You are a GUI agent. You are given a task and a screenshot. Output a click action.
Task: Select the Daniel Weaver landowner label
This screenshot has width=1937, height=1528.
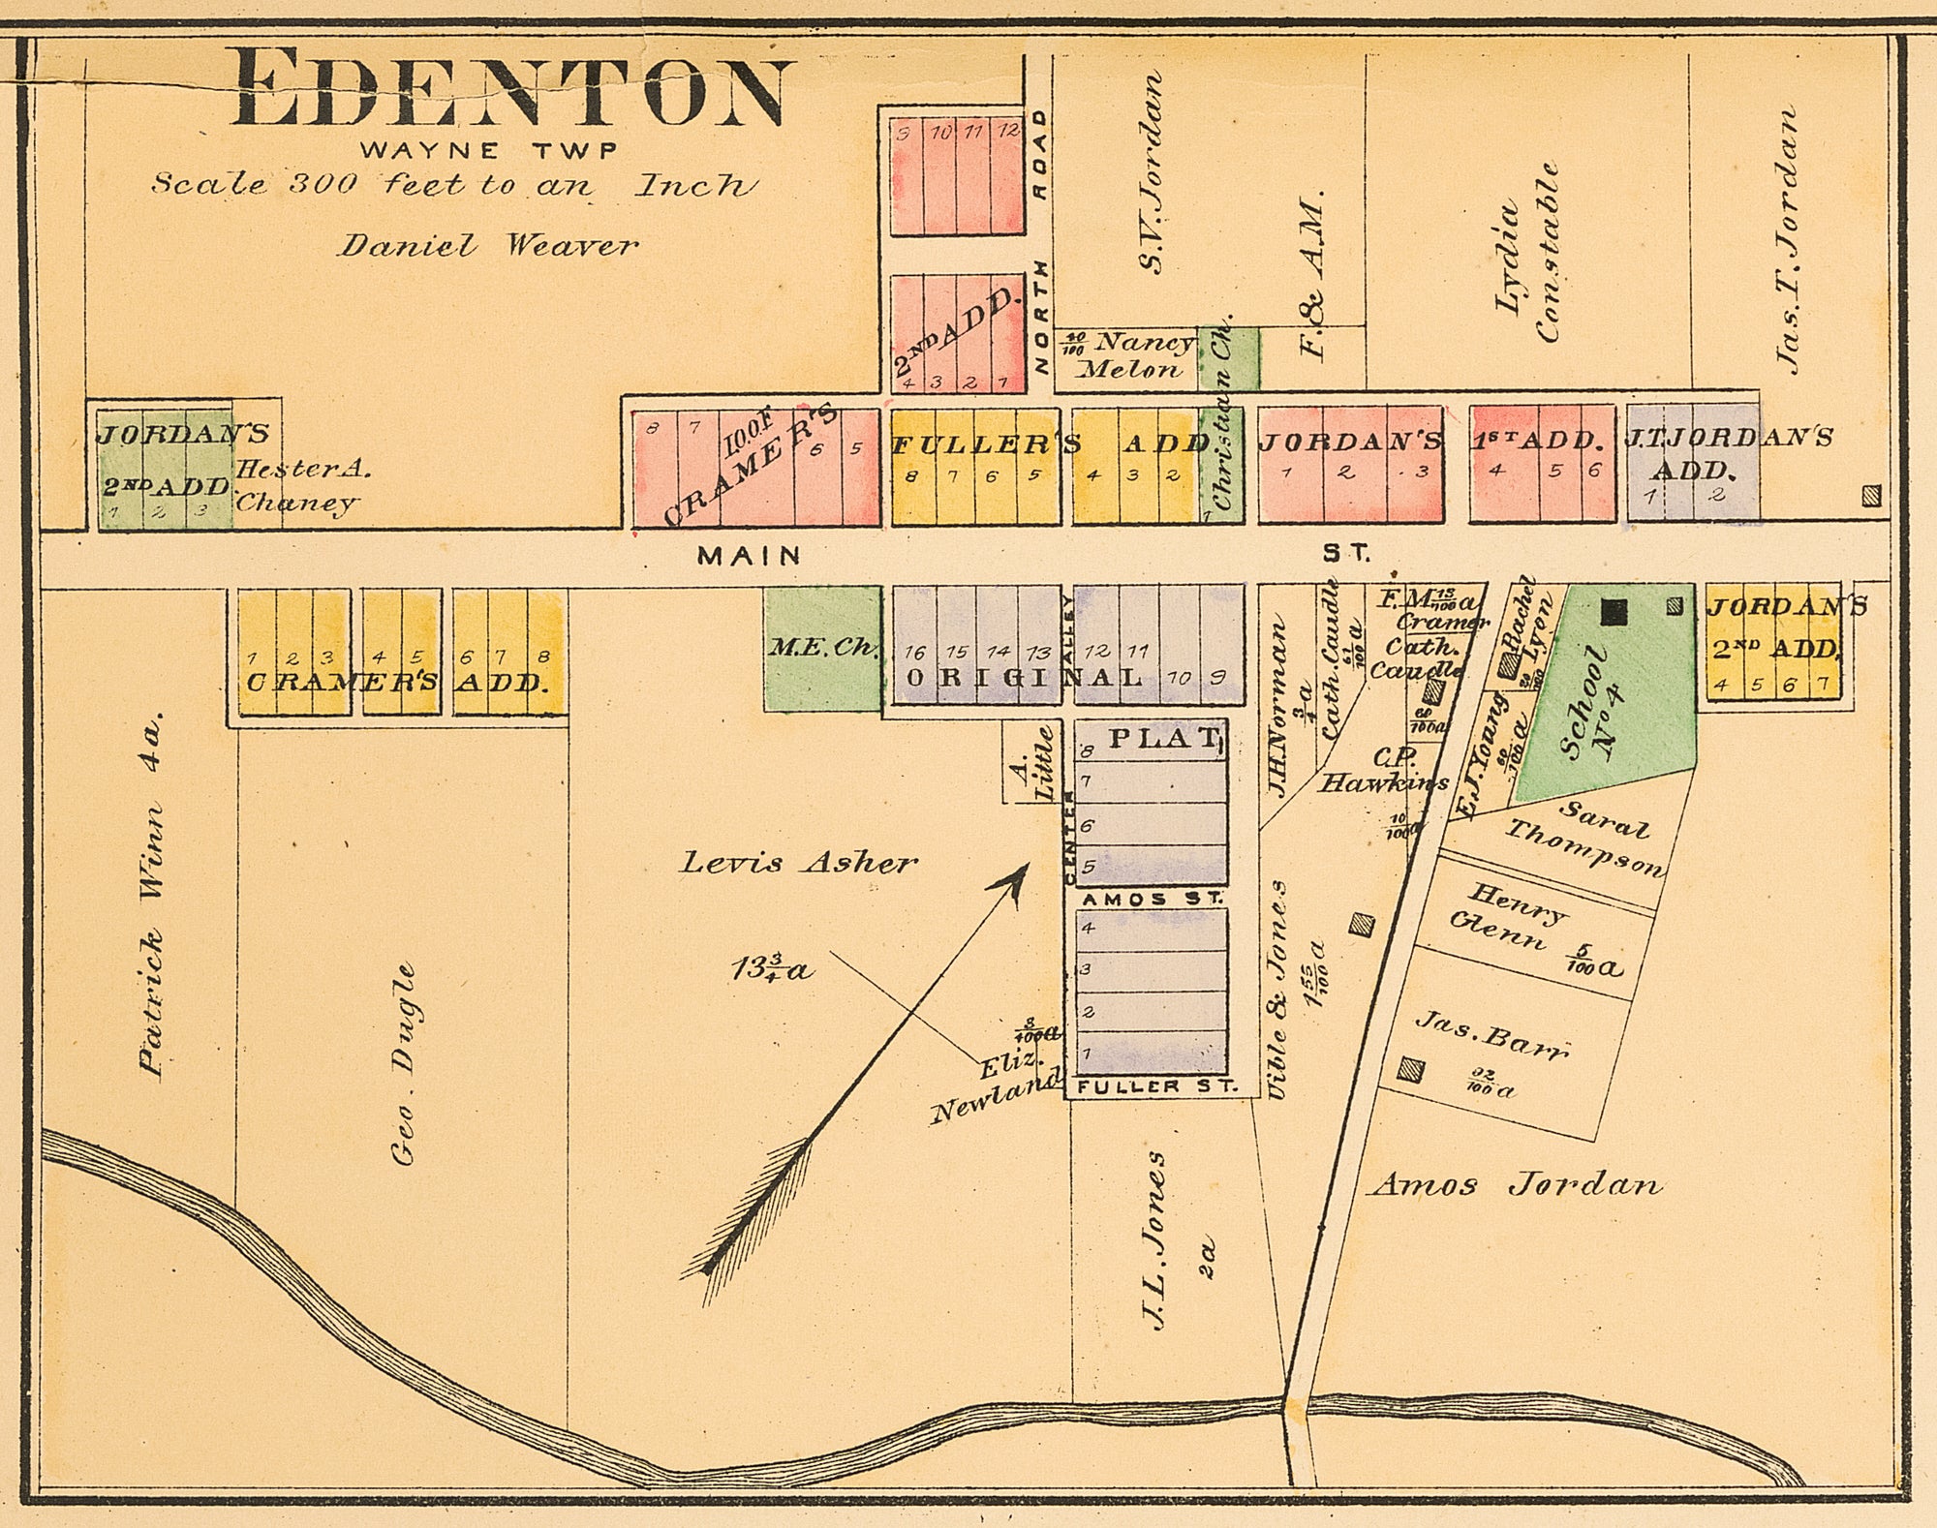pyautogui.click(x=487, y=246)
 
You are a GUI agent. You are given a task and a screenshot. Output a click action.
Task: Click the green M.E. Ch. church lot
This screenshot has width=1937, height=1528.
pyautogui.click(x=822, y=648)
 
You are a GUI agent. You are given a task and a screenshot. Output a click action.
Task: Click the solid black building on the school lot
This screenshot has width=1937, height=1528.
pyautogui.click(x=1614, y=610)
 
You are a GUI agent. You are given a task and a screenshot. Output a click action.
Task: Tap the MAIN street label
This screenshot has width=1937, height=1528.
pyautogui.click(x=750, y=556)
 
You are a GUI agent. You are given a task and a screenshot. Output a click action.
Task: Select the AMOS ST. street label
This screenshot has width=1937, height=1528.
pyautogui.click(x=1151, y=899)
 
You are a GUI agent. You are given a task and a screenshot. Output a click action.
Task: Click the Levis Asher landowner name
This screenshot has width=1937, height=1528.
pyautogui.click(x=797, y=863)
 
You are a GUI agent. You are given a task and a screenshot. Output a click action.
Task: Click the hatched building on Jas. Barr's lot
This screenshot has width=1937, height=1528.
pyautogui.click(x=1411, y=1070)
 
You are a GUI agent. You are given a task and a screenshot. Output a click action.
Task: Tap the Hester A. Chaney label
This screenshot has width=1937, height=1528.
pyautogui.click(x=300, y=485)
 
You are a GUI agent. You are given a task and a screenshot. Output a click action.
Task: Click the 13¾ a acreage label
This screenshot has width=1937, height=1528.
pyautogui.click(x=772, y=968)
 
